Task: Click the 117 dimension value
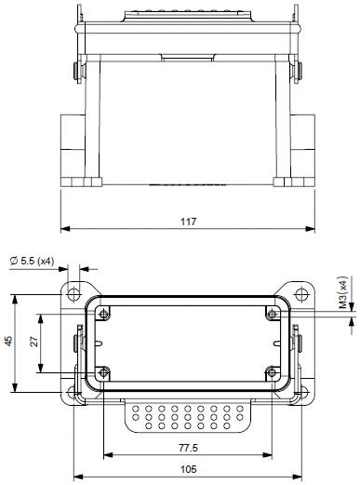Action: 189,222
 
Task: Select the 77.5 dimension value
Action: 188,448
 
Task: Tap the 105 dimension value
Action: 189,469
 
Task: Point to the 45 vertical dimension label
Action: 9,341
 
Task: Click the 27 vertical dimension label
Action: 34,342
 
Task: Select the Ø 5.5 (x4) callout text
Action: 33,261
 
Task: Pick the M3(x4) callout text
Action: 342,292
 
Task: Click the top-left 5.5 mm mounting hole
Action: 73,293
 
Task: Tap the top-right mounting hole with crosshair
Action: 301,293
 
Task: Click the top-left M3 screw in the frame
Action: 103,314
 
